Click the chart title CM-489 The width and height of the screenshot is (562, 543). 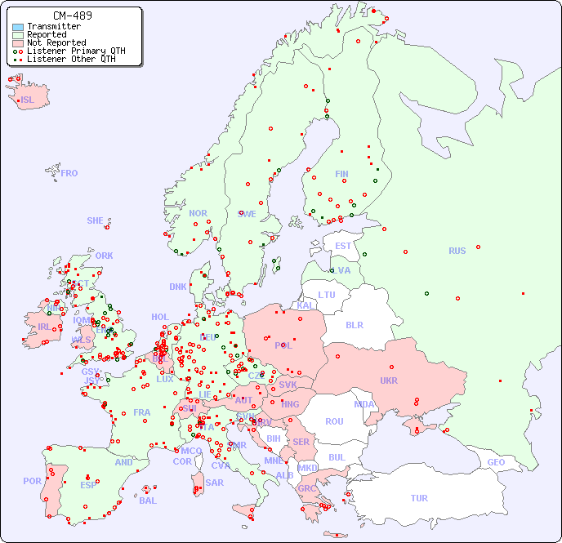tap(72, 16)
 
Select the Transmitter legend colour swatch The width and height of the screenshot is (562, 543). tap(18, 27)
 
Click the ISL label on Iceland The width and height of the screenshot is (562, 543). tap(28, 100)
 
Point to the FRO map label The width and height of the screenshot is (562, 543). tap(69, 173)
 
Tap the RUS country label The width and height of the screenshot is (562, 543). tap(457, 251)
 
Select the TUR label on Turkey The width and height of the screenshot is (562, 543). tap(419, 498)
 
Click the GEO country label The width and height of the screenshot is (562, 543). tap(496, 462)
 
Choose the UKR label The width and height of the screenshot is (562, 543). tap(389, 381)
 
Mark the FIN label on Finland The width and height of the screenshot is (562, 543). tap(341, 174)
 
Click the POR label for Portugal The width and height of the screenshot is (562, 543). tap(32, 481)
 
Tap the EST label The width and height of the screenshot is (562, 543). tap(343, 246)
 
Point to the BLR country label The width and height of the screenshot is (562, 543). tap(355, 324)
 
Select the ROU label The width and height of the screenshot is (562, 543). tap(334, 421)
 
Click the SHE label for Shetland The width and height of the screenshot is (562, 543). tap(96, 220)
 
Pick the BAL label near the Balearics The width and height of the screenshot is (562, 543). tap(148, 501)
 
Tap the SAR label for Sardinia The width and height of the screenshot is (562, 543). tap(214, 483)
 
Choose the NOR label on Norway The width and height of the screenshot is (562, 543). tap(198, 213)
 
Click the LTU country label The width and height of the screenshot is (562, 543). tap(327, 295)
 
